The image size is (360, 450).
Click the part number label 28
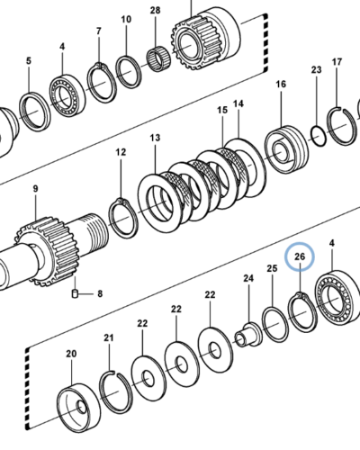(x=155, y=11)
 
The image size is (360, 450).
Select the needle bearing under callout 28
(x=159, y=60)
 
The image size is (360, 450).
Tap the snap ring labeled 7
(x=101, y=82)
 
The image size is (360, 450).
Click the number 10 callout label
(x=126, y=20)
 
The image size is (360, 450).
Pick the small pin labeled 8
(x=75, y=293)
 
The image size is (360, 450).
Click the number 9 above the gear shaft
(x=36, y=189)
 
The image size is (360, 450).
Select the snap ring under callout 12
(x=123, y=218)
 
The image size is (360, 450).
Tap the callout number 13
(x=155, y=138)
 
